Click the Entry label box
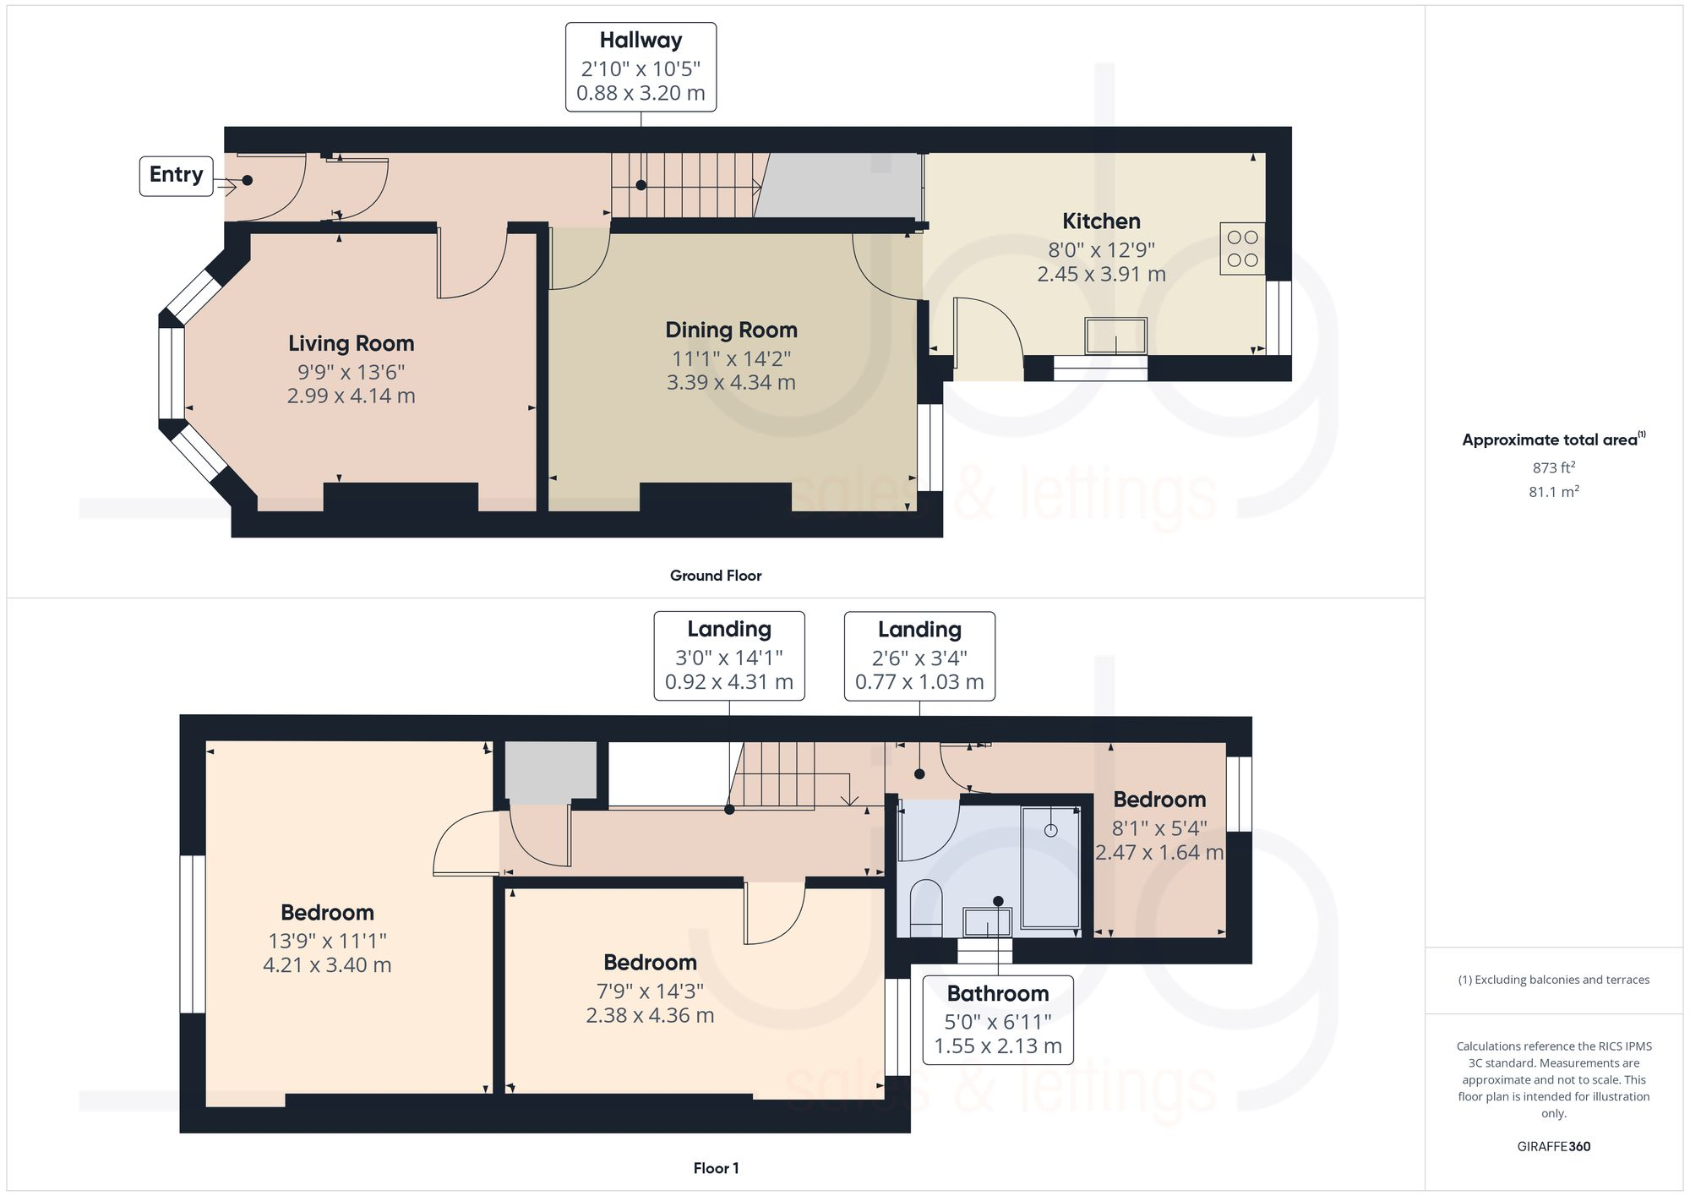pyautogui.click(x=176, y=176)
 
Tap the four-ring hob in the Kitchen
pyautogui.click(x=1242, y=248)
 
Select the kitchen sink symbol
pyautogui.click(x=1115, y=336)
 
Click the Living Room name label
pyautogui.click(x=351, y=343)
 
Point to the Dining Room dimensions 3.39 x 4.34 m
pyautogui.click(x=731, y=382)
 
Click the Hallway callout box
pyautogui.click(x=641, y=67)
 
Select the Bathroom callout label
pyautogui.click(x=997, y=1019)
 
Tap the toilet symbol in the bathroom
pyautogui.click(x=926, y=907)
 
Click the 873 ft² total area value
pyautogui.click(x=1553, y=467)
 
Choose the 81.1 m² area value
pyautogui.click(x=1553, y=491)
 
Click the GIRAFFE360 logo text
pyautogui.click(x=1553, y=1146)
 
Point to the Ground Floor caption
pyautogui.click(x=715, y=576)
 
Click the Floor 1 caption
pyautogui.click(x=715, y=1168)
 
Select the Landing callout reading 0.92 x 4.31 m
pyautogui.click(x=728, y=656)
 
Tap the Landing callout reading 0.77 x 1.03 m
pyautogui.click(x=919, y=656)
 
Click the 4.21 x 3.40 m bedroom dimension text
pyautogui.click(x=327, y=964)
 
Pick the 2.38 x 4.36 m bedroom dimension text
pyautogui.click(x=650, y=1014)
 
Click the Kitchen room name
pyautogui.click(x=1101, y=221)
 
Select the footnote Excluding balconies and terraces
pyautogui.click(x=1553, y=980)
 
